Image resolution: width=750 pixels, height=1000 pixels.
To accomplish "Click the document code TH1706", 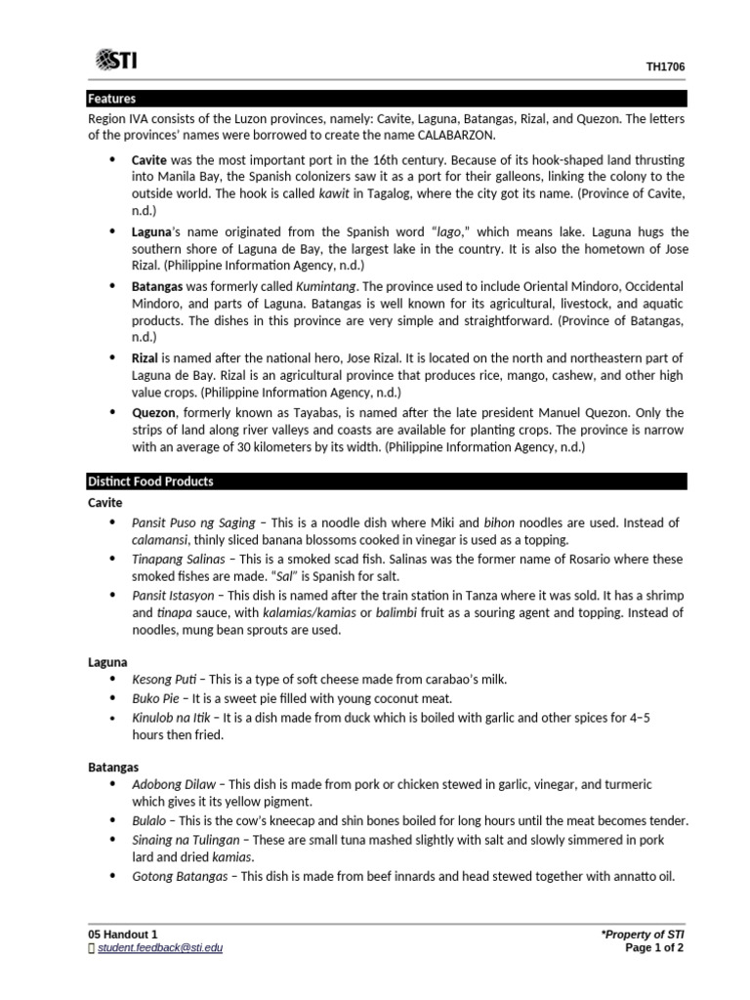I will (665, 67).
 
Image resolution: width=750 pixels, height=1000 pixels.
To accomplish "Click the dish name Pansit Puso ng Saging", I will (193, 523).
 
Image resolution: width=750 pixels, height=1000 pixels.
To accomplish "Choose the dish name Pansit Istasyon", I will (173, 595).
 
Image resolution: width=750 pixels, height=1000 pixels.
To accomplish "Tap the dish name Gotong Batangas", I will (180, 876).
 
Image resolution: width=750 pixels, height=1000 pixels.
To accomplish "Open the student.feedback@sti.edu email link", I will (159, 947).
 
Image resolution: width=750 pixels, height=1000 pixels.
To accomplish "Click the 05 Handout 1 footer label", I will (122, 934).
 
